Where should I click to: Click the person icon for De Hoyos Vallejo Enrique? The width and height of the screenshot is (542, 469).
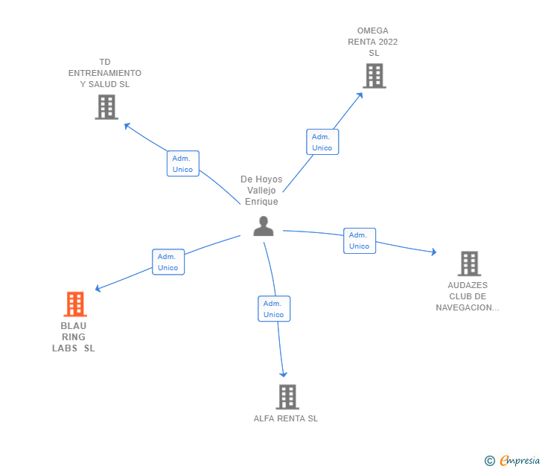[264, 226]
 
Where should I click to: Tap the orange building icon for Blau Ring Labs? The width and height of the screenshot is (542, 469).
[74, 304]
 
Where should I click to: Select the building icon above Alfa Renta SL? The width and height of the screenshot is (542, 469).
[287, 397]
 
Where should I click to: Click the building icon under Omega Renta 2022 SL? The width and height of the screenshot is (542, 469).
[374, 75]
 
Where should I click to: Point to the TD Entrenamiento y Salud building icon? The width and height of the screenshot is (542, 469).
[106, 107]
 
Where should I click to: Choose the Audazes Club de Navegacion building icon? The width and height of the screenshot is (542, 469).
[468, 264]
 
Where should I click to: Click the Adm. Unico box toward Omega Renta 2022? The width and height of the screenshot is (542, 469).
[322, 142]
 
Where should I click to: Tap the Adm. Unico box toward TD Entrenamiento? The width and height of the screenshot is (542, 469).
[182, 164]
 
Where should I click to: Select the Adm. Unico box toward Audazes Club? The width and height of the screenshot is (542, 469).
[359, 240]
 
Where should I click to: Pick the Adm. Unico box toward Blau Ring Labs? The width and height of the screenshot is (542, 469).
[168, 262]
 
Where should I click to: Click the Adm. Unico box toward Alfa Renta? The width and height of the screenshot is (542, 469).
[274, 309]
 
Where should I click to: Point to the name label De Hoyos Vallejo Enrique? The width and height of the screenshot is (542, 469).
[261, 191]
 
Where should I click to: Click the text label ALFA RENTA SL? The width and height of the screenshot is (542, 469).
[286, 418]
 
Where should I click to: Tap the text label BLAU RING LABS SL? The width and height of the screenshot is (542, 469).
[74, 337]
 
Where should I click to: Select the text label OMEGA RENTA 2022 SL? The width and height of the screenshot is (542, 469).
[373, 42]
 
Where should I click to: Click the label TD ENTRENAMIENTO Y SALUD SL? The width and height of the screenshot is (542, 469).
[105, 73]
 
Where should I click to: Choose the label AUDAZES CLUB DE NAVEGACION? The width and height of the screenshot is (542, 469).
[468, 296]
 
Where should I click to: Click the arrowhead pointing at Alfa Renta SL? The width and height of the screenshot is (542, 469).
[284, 374]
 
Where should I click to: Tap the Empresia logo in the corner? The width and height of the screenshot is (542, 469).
[519, 461]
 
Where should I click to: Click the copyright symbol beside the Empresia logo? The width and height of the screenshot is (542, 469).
[490, 461]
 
